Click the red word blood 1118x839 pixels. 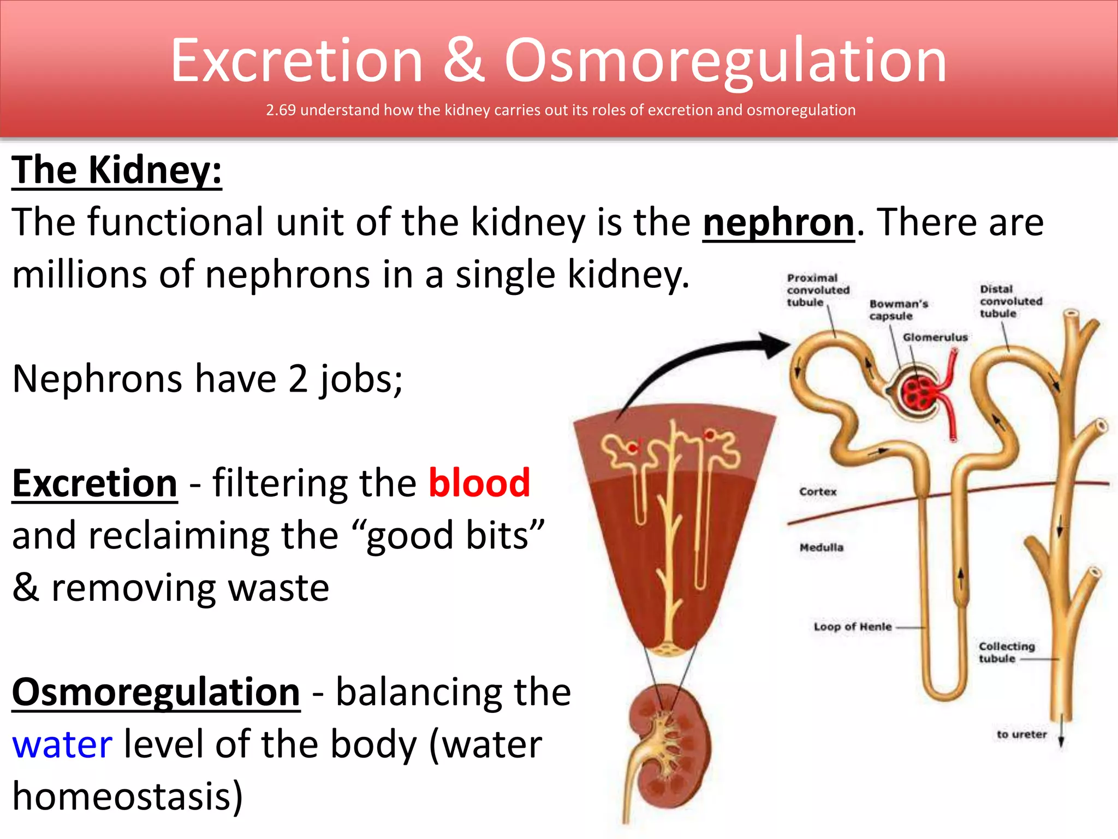point(479,483)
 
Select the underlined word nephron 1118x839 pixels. point(778,222)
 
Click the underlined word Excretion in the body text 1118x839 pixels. point(95,483)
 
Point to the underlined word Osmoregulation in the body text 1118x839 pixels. point(156,692)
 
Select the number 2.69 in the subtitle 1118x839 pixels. point(281,110)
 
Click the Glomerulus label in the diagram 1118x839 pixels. point(935,337)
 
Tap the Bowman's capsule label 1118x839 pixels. point(898,310)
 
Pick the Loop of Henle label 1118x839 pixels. point(852,627)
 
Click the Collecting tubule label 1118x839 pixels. point(1006,652)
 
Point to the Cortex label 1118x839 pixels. point(817,492)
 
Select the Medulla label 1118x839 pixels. point(821,547)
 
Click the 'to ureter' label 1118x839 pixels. point(1021,734)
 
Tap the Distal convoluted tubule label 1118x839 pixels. point(1010,301)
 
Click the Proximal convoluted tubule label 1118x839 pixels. point(817,290)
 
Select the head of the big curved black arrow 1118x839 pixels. point(777,345)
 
